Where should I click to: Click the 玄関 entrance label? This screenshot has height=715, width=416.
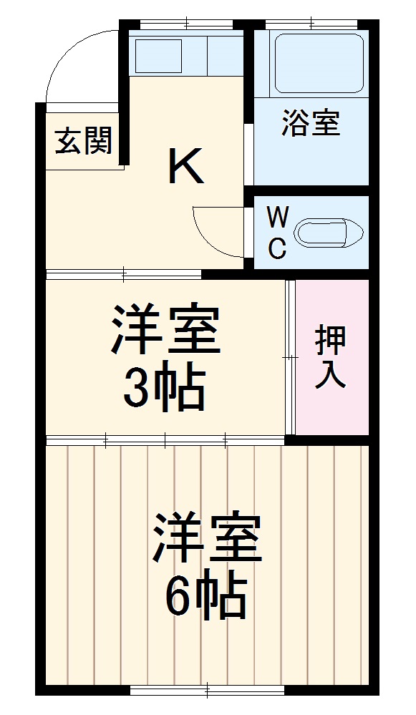(84, 141)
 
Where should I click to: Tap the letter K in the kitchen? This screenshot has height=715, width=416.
(186, 166)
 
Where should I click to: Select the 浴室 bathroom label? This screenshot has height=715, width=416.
(310, 123)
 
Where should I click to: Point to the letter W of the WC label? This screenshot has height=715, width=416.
(277, 216)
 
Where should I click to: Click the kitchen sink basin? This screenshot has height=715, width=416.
(159, 54)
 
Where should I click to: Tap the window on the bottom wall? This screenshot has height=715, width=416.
(207, 691)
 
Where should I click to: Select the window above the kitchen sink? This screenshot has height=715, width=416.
(185, 26)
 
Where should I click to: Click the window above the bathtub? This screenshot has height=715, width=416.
(311, 26)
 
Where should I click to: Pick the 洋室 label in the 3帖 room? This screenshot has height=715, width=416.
(165, 331)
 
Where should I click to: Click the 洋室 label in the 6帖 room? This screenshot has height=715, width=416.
(206, 538)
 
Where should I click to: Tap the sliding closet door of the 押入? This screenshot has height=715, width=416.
(290, 356)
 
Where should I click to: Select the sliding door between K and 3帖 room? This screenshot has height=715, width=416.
(124, 273)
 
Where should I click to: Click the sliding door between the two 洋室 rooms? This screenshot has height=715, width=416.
(165, 438)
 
